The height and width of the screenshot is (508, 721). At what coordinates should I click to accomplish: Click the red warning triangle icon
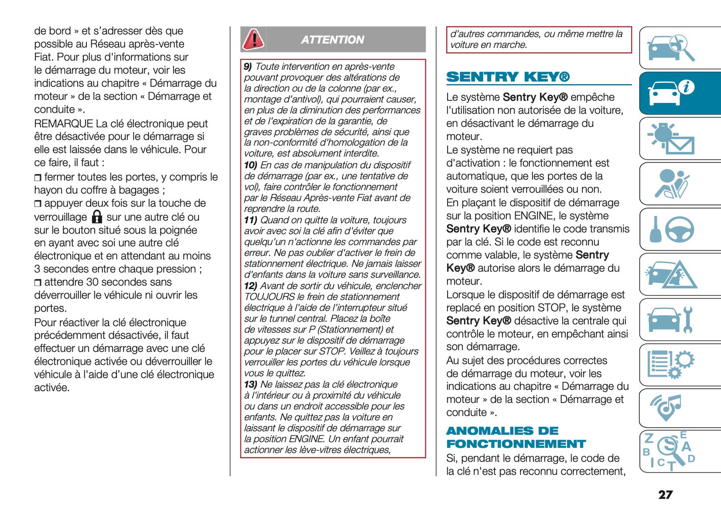click(x=253, y=39)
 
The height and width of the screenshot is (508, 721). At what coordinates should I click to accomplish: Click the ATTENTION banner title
click(x=332, y=40)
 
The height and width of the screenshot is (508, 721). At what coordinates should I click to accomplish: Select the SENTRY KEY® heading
click(x=507, y=77)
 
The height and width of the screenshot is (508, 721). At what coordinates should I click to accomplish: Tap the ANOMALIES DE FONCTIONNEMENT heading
click(x=515, y=437)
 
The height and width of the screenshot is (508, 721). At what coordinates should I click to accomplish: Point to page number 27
click(x=665, y=495)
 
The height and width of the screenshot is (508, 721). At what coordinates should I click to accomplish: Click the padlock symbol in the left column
click(x=97, y=217)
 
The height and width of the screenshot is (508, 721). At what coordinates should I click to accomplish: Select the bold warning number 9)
click(x=247, y=67)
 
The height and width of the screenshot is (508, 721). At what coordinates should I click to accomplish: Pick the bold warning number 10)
click(x=250, y=165)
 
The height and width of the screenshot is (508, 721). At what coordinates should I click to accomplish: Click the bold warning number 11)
click(x=250, y=220)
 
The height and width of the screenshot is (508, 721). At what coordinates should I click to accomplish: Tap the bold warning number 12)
click(x=250, y=286)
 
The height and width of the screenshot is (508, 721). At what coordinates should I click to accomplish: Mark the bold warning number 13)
click(x=250, y=384)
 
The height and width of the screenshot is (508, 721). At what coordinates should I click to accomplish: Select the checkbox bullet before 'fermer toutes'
click(x=38, y=178)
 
